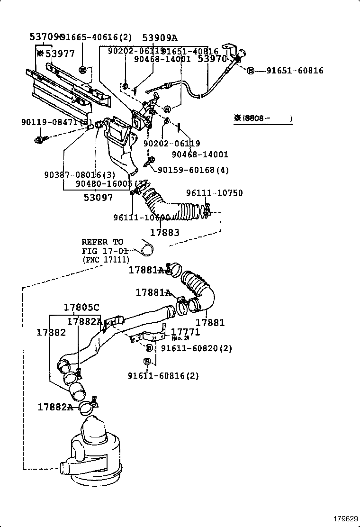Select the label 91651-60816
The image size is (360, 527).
coord(295,71)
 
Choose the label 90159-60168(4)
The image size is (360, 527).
coord(193,170)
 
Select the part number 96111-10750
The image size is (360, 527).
coord(214,193)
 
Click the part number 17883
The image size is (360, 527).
coord(164,233)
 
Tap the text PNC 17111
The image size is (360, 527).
coord(105,260)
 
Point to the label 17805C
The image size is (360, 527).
coord(82,307)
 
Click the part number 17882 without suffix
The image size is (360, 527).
coord(51,333)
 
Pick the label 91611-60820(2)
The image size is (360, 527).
coord(197,348)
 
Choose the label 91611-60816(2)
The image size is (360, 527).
coord(163,376)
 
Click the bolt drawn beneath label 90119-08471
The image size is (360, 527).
coord(39,140)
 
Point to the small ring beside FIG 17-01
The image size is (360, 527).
coord(148,247)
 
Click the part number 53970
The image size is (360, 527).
coord(212,59)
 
